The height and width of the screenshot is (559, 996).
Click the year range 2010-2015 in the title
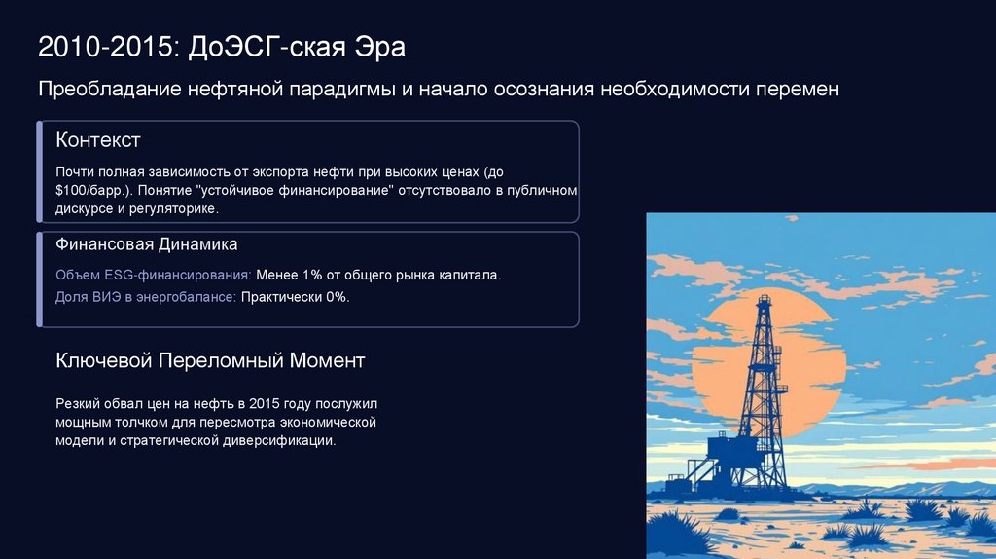[x=105, y=47]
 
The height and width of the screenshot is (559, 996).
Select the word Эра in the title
[x=379, y=47]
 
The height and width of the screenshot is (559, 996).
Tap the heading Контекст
[x=98, y=140]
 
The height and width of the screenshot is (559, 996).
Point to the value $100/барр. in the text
[x=93, y=190]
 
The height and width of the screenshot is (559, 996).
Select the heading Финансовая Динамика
[x=147, y=244]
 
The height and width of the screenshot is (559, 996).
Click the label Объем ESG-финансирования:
[x=154, y=276]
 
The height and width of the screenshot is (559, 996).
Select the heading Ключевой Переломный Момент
[x=210, y=360]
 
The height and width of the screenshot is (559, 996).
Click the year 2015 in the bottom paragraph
[x=264, y=404]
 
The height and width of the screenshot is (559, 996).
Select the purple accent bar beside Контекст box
[x=39, y=171]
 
